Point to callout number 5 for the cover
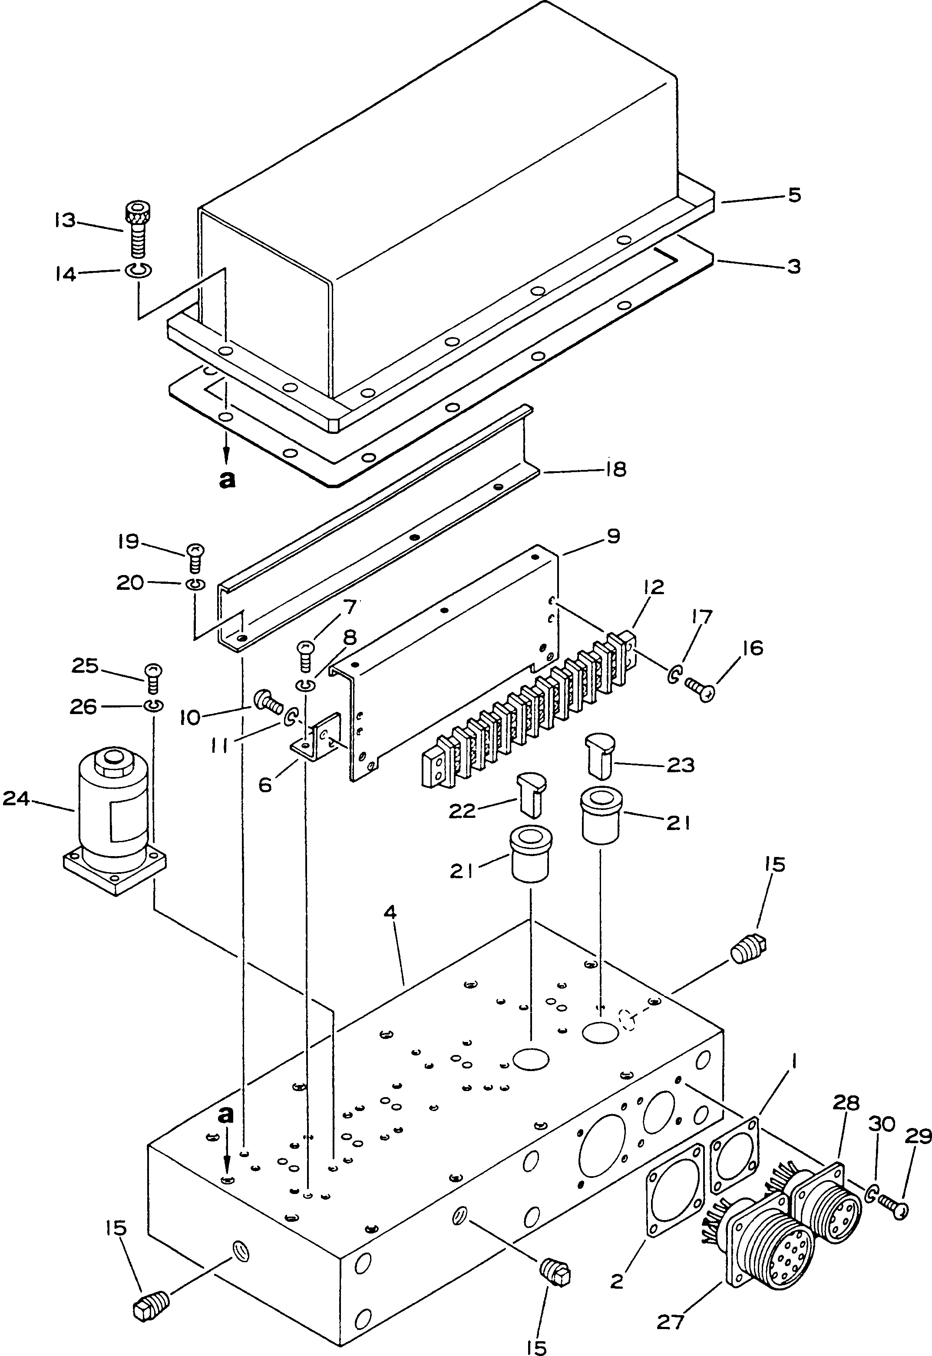(x=794, y=195)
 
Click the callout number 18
(x=615, y=469)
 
